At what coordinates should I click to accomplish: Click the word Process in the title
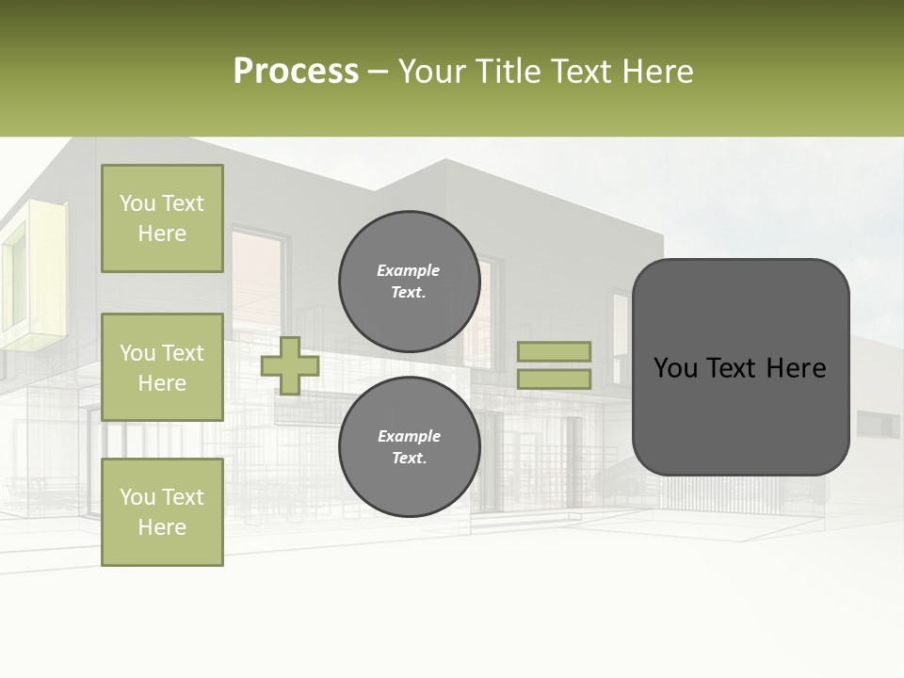pyautogui.click(x=296, y=72)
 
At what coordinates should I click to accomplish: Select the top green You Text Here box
pyautogui.click(x=162, y=218)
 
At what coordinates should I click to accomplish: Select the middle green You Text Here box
pyautogui.click(x=162, y=367)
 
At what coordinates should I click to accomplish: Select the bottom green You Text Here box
pyautogui.click(x=162, y=512)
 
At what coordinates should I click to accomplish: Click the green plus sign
pyautogui.click(x=290, y=365)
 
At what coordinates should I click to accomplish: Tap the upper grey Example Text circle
pyautogui.click(x=409, y=282)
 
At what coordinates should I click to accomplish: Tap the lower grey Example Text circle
pyautogui.click(x=409, y=447)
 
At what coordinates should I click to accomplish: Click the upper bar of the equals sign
pyautogui.click(x=554, y=351)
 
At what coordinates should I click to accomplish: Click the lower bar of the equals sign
pyautogui.click(x=554, y=379)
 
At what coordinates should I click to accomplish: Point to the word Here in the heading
pyautogui.click(x=655, y=72)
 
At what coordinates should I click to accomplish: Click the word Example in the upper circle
pyautogui.click(x=409, y=271)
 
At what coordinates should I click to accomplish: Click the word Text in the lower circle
pyautogui.click(x=409, y=459)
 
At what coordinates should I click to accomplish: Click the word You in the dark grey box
pyautogui.click(x=675, y=368)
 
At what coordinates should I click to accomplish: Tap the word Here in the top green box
pyautogui.click(x=162, y=234)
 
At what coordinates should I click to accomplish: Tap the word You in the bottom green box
pyautogui.click(x=137, y=497)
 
